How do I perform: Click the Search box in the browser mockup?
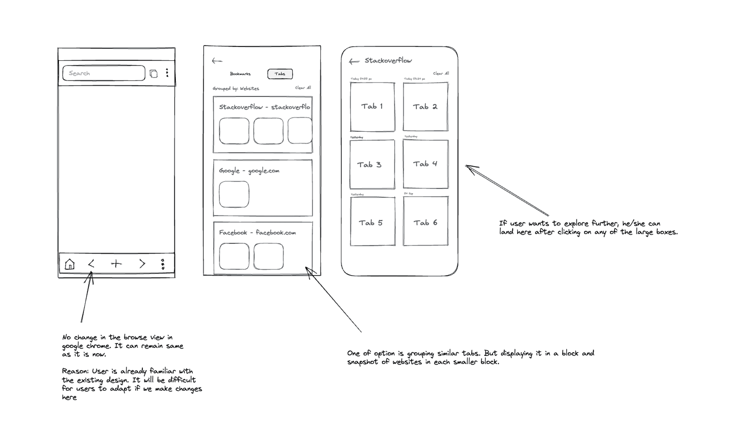[x=104, y=73]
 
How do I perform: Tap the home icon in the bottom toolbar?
[x=70, y=264]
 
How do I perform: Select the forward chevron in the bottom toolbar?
[x=142, y=264]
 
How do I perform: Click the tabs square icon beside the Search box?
[x=154, y=74]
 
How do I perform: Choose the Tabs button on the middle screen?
[x=280, y=74]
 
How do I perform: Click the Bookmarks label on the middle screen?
[x=240, y=74]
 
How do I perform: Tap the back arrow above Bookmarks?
[x=217, y=61]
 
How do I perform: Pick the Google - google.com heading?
[x=249, y=171]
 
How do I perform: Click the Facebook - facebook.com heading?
[x=257, y=233]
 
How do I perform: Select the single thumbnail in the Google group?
[x=234, y=194]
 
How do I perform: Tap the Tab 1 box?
[x=372, y=107]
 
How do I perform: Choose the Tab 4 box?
[x=425, y=164]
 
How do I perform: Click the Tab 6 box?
[x=425, y=221]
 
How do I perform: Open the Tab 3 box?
[x=372, y=164]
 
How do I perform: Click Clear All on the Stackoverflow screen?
[x=441, y=74]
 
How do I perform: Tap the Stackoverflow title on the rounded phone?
[x=388, y=61]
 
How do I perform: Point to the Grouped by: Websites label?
[x=235, y=89]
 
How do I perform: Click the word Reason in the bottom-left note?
[x=75, y=371]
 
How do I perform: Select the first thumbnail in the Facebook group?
[x=234, y=256]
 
